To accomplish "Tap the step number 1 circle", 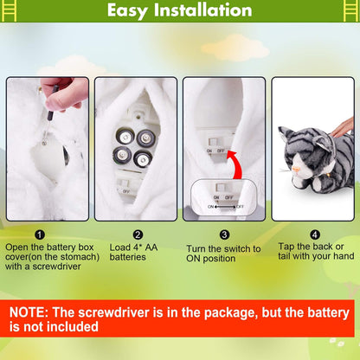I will point(40,234).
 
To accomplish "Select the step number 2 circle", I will point(137,234).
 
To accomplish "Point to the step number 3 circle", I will point(225,234).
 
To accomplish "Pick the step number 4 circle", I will point(315,234).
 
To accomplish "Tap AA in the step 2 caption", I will point(152,246).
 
